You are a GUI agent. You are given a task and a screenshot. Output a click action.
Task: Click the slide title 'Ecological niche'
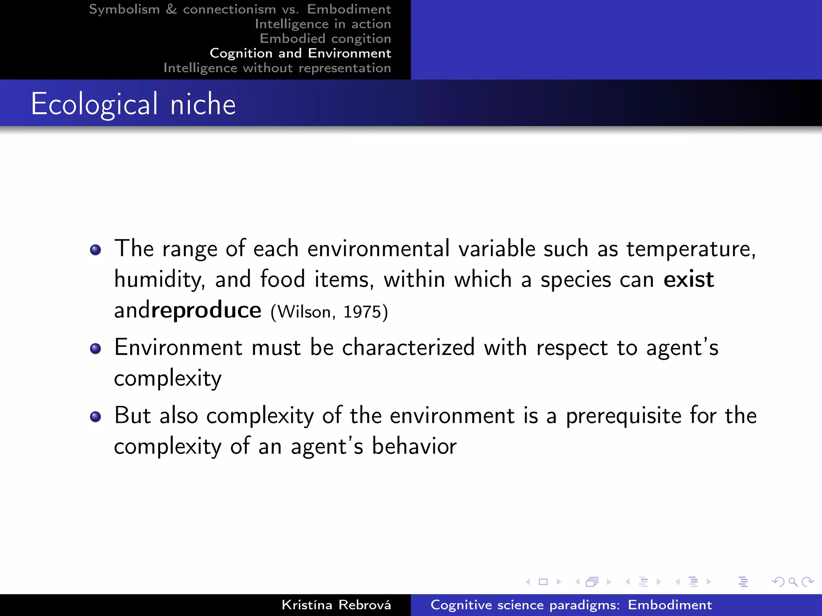133,104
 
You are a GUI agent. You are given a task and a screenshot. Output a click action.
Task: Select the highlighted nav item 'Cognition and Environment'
300,53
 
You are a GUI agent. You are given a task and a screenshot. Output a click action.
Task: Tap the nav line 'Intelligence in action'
323,24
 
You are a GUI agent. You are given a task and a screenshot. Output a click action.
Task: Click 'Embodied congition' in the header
325,38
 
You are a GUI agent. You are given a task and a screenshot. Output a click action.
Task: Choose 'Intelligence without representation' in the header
277,68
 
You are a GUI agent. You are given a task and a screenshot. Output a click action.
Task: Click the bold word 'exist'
688,280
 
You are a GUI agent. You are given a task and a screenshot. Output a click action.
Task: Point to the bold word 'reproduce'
206,310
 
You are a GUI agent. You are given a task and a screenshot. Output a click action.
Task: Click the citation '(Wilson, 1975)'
329,312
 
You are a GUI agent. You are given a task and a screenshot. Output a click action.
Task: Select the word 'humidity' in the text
159,280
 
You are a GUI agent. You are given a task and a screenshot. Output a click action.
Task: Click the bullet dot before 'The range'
96,250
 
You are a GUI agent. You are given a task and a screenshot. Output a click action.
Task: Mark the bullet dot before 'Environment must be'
96,349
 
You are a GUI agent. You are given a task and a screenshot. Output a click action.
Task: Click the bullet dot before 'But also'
96,417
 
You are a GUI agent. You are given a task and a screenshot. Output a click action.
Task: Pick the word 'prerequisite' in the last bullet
623,416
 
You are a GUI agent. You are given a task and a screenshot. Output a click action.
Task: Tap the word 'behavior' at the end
414,446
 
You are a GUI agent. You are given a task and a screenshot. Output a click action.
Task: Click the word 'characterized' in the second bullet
408,347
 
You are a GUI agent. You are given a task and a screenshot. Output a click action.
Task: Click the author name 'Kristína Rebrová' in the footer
336,605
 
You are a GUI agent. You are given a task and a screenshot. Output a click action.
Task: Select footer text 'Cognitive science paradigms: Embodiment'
571,605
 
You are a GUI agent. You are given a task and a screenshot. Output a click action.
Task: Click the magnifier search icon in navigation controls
793,582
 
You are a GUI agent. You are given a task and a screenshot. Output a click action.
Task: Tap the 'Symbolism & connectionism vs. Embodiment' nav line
240,9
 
